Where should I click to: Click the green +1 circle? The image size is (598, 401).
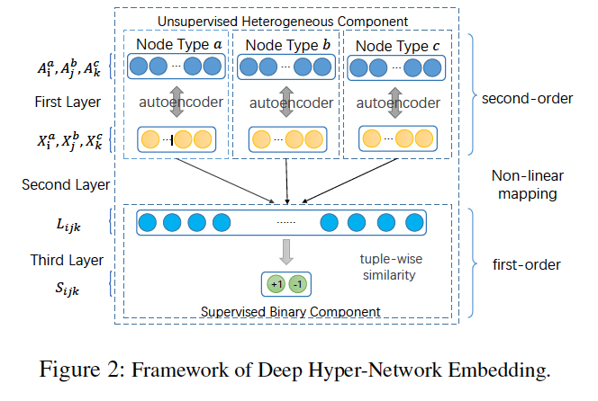coord(275,285)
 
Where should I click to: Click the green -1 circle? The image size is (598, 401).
coord(298,285)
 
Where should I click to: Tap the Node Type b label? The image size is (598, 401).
coord(286,44)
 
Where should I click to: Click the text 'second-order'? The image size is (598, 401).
coord(527,98)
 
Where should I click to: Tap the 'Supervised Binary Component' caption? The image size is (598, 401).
coord(286,312)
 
